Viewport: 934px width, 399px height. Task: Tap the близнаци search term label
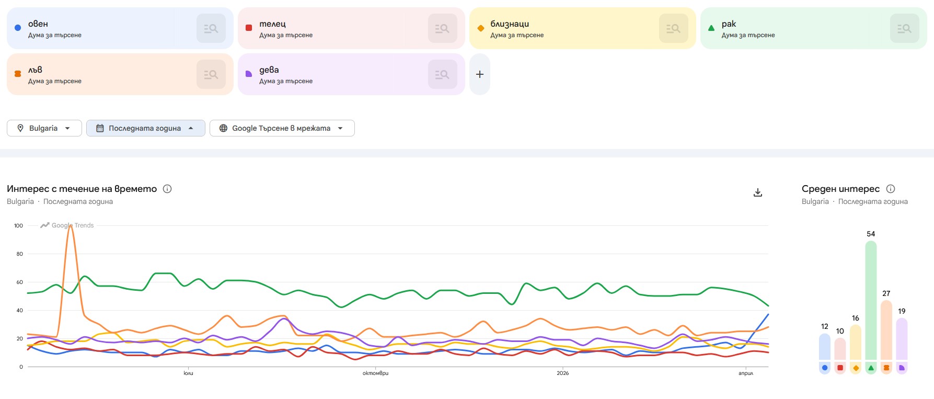pos(510,24)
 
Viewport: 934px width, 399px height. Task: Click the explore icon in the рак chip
pos(904,28)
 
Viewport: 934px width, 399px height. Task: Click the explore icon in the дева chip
pos(442,74)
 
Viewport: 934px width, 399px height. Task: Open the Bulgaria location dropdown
pos(44,128)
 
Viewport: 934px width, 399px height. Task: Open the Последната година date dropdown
pos(145,128)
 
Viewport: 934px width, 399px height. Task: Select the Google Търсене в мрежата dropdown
pos(282,128)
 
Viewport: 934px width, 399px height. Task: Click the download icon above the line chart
pos(758,192)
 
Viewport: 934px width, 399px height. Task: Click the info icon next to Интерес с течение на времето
pos(167,189)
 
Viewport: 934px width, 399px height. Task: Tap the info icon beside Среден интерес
pos(891,189)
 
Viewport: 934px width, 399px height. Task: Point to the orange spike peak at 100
pos(71,226)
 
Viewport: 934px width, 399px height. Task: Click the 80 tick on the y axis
pos(20,254)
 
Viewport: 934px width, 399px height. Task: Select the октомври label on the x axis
pos(375,373)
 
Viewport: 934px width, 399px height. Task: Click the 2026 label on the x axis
pos(562,373)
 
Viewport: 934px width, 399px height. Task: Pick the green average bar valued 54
pos(871,301)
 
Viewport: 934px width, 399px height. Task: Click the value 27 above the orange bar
pos(886,293)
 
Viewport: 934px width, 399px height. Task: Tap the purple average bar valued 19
pos(902,340)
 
